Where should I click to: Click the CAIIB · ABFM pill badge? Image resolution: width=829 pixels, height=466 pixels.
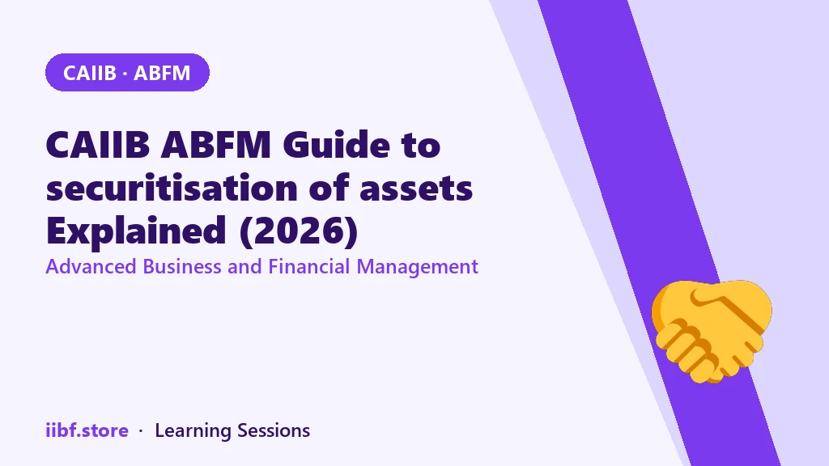click(127, 72)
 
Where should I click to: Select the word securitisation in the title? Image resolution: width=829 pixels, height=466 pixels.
click(172, 188)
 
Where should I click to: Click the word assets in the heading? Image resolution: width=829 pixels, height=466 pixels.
click(416, 189)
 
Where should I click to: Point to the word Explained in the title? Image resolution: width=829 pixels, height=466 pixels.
click(136, 231)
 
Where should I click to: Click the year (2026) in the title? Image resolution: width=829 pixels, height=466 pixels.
click(299, 231)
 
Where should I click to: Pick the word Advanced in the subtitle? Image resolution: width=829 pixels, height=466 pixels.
click(91, 266)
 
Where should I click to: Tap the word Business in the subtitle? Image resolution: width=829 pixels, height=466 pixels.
click(182, 266)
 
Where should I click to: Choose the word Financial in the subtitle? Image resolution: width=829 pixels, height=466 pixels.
click(309, 266)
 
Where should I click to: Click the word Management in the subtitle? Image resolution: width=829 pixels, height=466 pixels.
click(418, 267)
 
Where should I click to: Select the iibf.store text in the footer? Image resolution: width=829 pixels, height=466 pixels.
click(87, 430)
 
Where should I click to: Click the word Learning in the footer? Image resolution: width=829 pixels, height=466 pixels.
click(193, 431)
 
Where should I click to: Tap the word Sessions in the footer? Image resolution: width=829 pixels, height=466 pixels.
click(274, 430)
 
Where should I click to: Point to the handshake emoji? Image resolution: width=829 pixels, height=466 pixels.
click(711, 331)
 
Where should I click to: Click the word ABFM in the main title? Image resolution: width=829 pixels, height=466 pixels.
click(216, 144)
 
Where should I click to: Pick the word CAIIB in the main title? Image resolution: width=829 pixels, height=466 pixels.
click(98, 144)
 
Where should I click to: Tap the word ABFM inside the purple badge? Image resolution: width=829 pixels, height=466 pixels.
click(162, 73)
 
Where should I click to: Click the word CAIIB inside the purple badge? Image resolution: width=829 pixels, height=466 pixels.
click(89, 73)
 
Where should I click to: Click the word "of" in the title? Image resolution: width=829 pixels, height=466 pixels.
click(329, 187)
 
